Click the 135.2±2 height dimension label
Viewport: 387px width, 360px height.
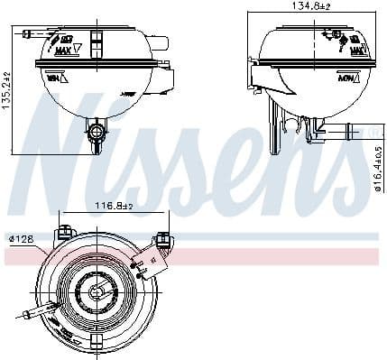coord(8,88)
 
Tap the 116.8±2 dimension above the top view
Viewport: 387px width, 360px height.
coord(115,206)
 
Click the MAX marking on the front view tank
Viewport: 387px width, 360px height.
coord(63,51)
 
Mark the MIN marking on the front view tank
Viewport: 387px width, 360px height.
coord(51,79)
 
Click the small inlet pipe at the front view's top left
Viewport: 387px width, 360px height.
coord(32,34)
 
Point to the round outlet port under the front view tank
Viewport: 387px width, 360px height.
coord(95,135)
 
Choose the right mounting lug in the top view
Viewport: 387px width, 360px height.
coord(163,240)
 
